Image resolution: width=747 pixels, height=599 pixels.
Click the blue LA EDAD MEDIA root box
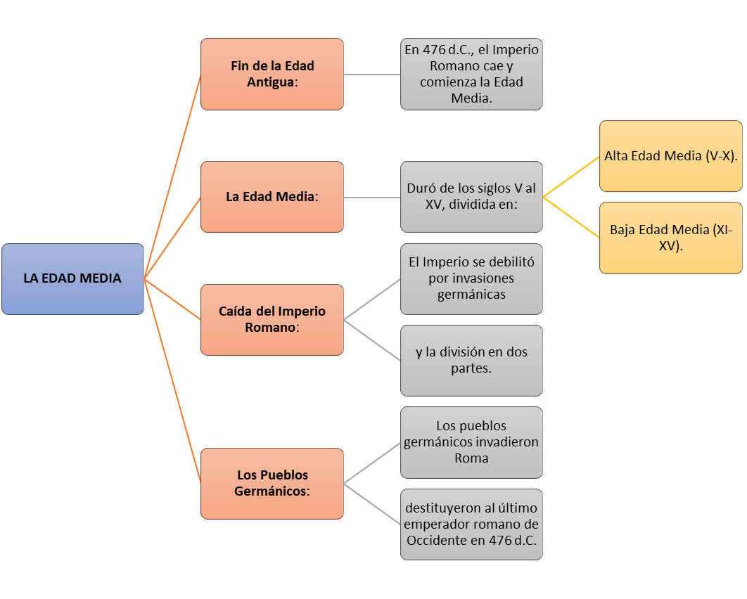click(73, 279)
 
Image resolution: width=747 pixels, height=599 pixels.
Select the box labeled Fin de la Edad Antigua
click(272, 75)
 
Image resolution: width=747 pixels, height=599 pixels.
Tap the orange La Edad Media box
click(272, 197)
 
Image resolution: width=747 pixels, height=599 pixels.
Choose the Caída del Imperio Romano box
click(272, 320)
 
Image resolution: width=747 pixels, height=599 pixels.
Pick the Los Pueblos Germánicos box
click(272, 484)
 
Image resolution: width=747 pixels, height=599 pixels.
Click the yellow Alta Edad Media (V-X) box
click(671, 156)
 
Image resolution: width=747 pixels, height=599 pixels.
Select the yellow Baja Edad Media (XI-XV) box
click(671, 238)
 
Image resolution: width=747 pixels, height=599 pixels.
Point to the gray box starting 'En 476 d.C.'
click(472, 75)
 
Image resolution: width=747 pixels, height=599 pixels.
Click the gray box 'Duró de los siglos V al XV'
click(472, 197)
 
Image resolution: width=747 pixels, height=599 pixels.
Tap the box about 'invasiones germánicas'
click(472, 279)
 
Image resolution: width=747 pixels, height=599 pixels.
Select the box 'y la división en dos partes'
click(472, 361)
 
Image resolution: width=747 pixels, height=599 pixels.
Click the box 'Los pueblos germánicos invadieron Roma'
click(472, 442)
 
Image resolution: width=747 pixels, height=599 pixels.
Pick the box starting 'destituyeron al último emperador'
click(472, 524)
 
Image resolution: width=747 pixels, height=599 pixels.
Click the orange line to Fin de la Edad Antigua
click(172, 176)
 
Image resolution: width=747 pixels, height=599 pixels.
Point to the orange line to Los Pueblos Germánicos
click(172, 381)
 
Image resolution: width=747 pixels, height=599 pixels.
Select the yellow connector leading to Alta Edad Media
click(571, 176)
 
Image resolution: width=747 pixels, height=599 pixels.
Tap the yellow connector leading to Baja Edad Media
click(571, 218)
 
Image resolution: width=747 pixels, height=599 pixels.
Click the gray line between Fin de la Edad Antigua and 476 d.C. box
click(372, 75)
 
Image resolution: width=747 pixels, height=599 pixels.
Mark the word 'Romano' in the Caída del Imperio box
click(270, 328)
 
